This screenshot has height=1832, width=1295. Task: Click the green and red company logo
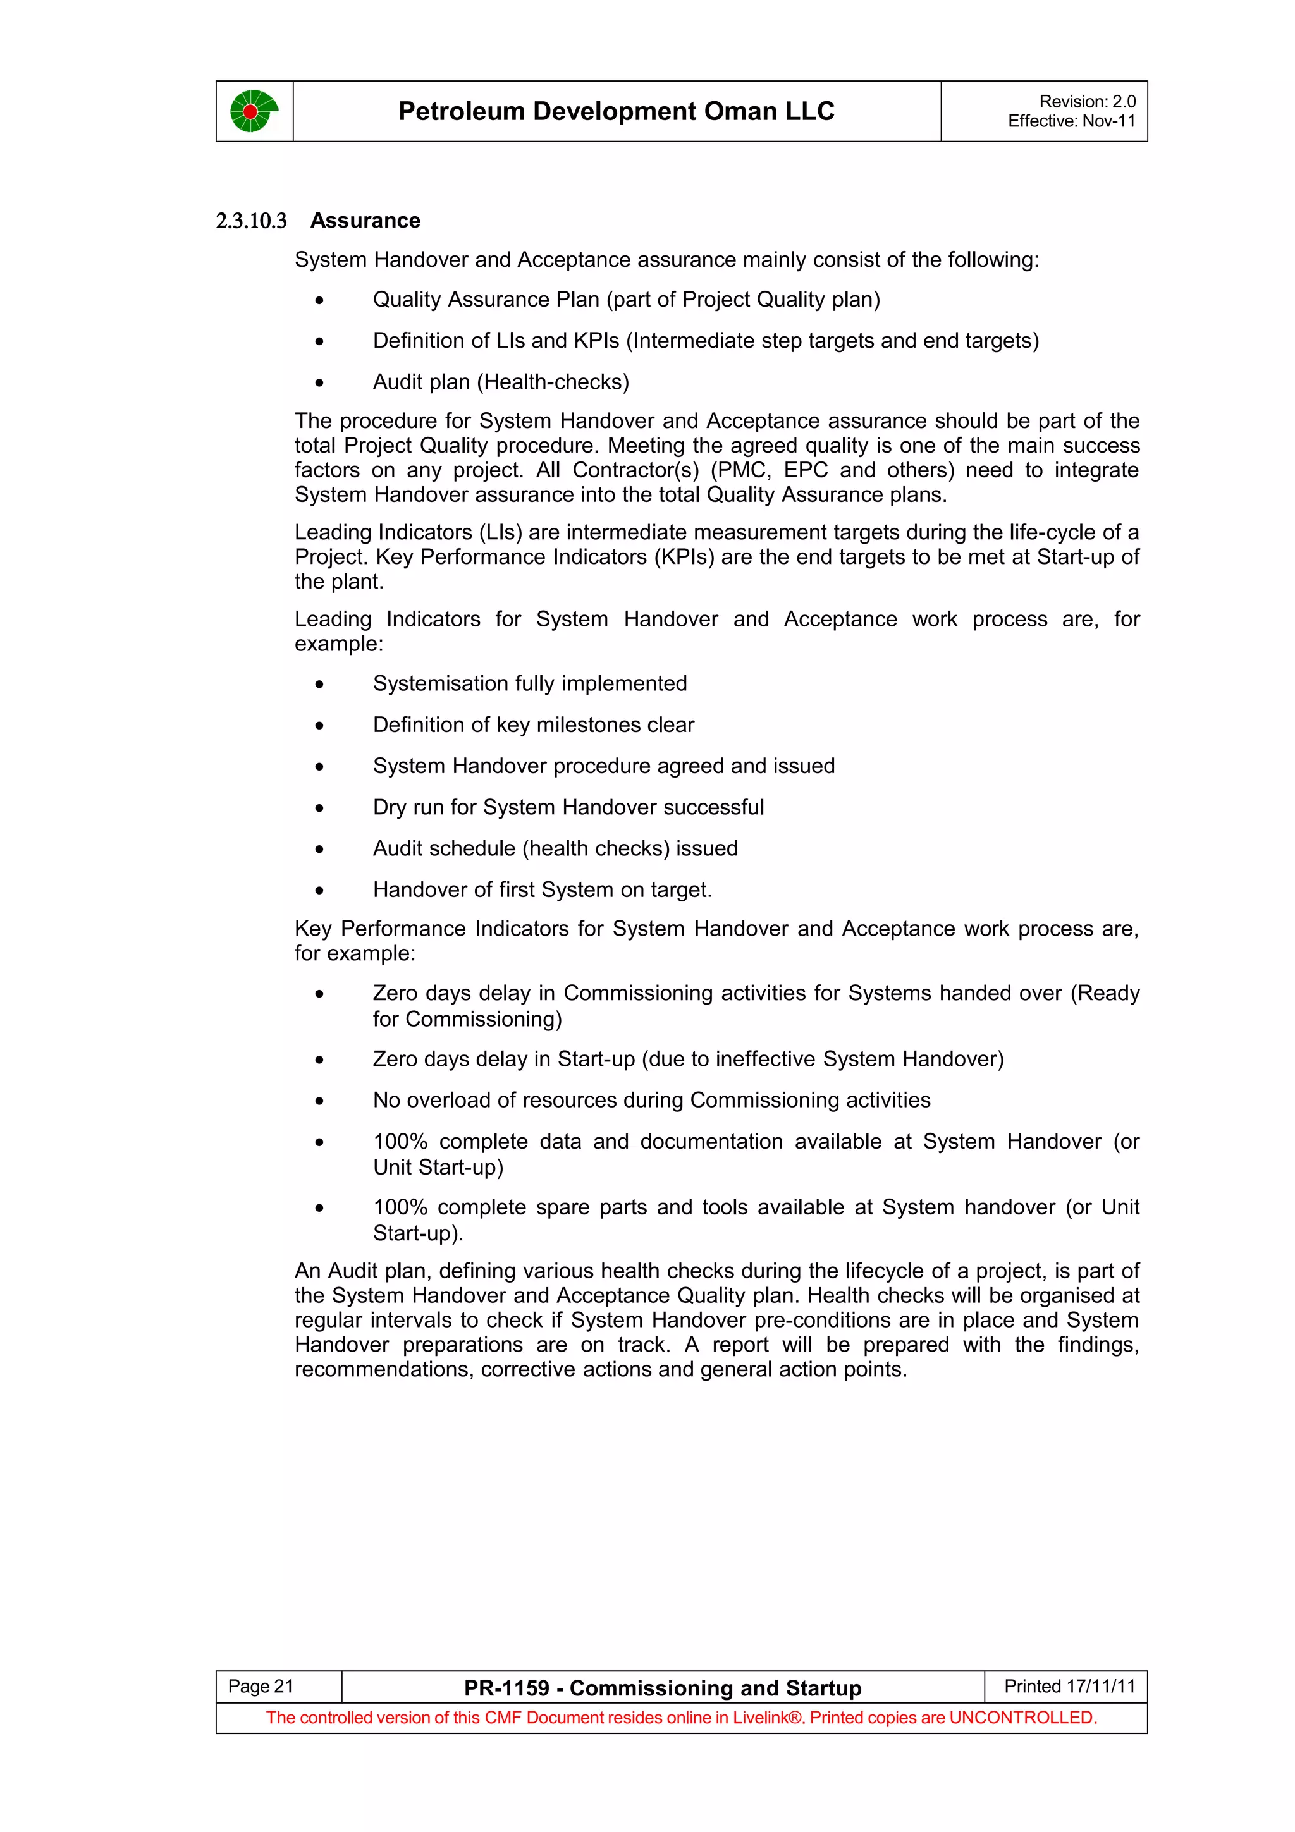(x=254, y=111)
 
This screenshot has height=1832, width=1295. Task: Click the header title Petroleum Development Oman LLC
(x=616, y=111)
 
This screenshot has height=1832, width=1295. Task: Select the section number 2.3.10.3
(x=250, y=221)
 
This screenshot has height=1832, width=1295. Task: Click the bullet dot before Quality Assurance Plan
(x=319, y=301)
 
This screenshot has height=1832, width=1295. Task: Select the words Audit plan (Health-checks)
(x=500, y=382)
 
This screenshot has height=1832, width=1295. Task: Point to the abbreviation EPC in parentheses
(x=805, y=470)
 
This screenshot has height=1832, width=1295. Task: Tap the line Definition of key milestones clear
(x=533, y=724)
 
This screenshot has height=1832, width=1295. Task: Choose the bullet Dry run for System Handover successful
(x=567, y=807)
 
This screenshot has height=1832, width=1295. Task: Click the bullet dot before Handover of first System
(x=319, y=891)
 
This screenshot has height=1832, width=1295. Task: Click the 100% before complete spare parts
(x=400, y=1207)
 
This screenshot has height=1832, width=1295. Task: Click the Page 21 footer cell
(x=261, y=1686)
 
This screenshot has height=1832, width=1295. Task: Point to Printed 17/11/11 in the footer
(x=1069, y=1686)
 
